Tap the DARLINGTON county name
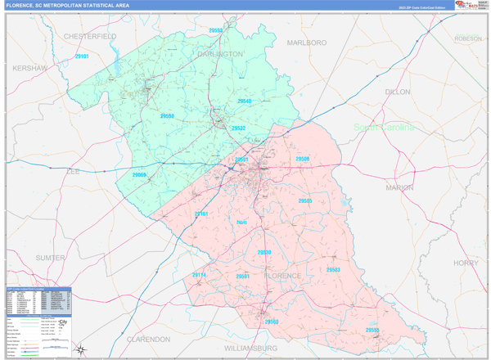tap(220, 54)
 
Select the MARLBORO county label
tap(307, 42)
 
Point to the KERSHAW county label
tap(30, 68)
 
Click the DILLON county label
tap(397, 92)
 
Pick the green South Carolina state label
tap(385, 128)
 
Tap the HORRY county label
tap(465, 263)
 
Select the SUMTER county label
tap(50, 257)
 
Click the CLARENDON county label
tap(148, 338)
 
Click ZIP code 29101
tap(82, 56)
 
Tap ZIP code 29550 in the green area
tap(167, 117)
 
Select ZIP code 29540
tap(244, 101)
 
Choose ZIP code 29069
tap(139, 175)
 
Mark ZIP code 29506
tap(303, 159)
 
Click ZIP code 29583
tap(333, 269)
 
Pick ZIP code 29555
tap(372, 330)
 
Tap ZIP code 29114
tap(200, 275)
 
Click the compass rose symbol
tap(80, 349)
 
